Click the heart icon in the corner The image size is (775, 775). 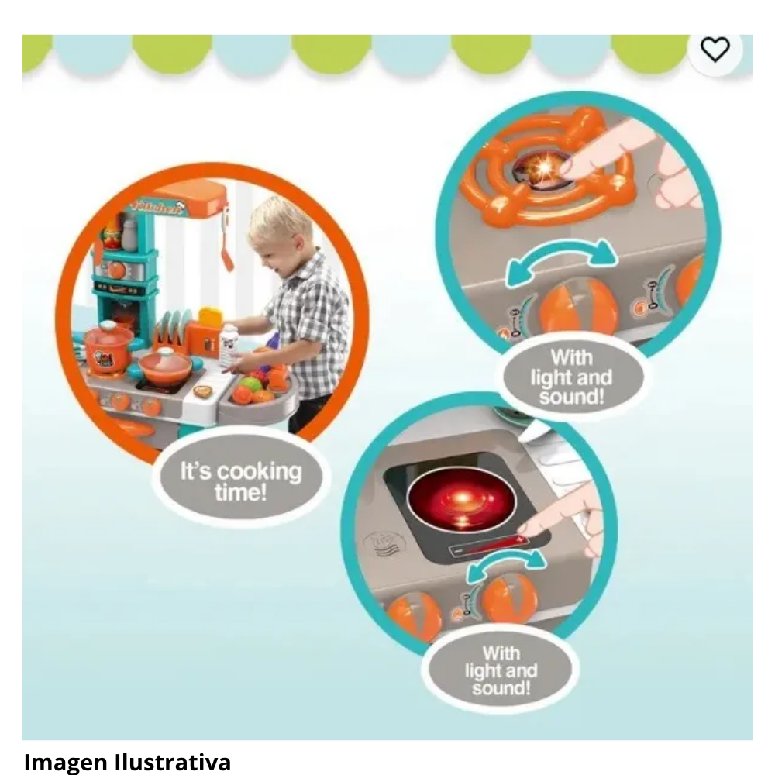[x=715, y=50]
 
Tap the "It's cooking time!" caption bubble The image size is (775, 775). [x=241, y=481]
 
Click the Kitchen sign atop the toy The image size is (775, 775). [x=159, y=208]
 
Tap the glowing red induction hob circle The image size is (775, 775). [x=462, y=500]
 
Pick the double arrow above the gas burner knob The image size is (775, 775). [x=561, y=260]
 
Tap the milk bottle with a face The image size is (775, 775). [x=229, y=343]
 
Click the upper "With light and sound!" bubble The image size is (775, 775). [x=572, y=378]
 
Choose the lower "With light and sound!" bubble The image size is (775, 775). [x=500, y=670]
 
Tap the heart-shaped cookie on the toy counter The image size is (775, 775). [x=202, y=392]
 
